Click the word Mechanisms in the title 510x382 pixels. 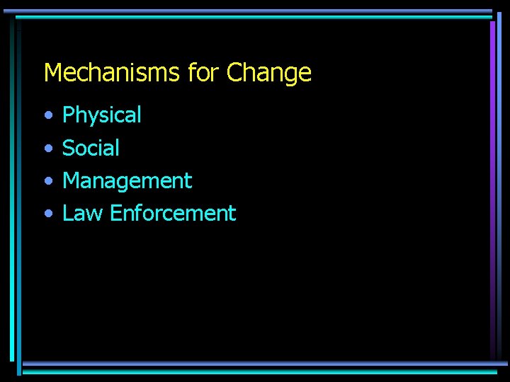click(113, 73)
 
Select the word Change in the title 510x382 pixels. click(269, 73)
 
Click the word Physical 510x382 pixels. click(102, 115)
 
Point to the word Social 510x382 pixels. click(91, 148)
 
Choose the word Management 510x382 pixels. click(127, 181)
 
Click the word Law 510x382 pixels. click(82, 214)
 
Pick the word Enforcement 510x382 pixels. click(173, 214)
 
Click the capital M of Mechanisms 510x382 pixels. click(52, 73)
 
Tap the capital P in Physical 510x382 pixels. click(68, 115)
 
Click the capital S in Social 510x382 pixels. click(69, 148)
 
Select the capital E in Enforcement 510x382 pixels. click(115, 214)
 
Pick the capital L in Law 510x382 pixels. click(67, 214)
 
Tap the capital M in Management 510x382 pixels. click(71, 181)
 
